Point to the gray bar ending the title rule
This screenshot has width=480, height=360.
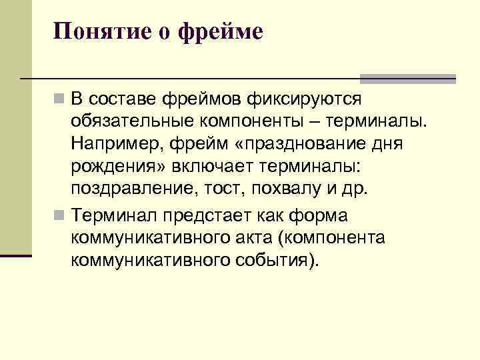407,79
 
